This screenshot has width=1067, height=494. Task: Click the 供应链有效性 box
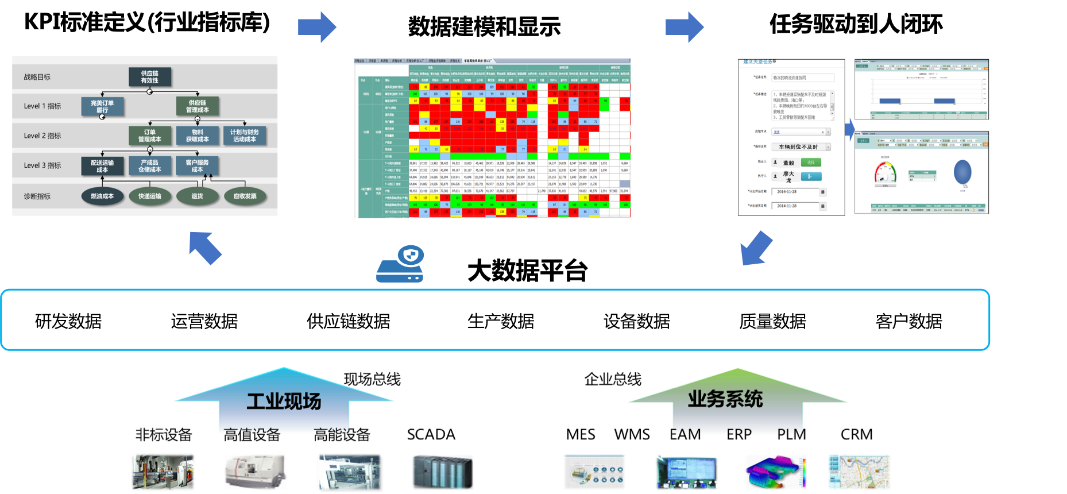click(150, 77)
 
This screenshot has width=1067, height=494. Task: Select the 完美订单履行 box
click(102, 106)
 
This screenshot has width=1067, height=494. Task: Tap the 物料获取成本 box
click(198, 136)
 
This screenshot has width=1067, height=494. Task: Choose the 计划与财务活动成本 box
click(245, 136)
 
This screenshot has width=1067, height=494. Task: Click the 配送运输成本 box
click(102, 166)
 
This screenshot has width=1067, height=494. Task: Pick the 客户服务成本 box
click(197, 166)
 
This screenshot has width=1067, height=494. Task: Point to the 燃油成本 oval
click(102, 196)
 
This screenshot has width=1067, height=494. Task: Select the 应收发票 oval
click(245, 196)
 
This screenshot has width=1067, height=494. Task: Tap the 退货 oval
click(197, 196)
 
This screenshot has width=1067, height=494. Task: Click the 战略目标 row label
click(37, 77)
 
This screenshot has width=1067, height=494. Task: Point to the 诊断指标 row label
click(37, 196)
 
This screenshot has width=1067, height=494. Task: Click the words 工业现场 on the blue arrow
click(284, 402)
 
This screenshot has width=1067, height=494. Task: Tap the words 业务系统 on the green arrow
click(725, 399)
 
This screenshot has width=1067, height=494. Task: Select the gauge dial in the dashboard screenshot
click(885, 173)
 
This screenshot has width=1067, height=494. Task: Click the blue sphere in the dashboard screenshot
click(962, 172)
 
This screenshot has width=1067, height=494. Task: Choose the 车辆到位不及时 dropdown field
click(801, 147)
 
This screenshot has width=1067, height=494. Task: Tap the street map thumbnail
click(859, 472)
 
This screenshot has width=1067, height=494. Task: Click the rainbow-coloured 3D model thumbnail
click(776, 472)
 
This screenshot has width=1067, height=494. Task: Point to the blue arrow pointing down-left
click(756, 248)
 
